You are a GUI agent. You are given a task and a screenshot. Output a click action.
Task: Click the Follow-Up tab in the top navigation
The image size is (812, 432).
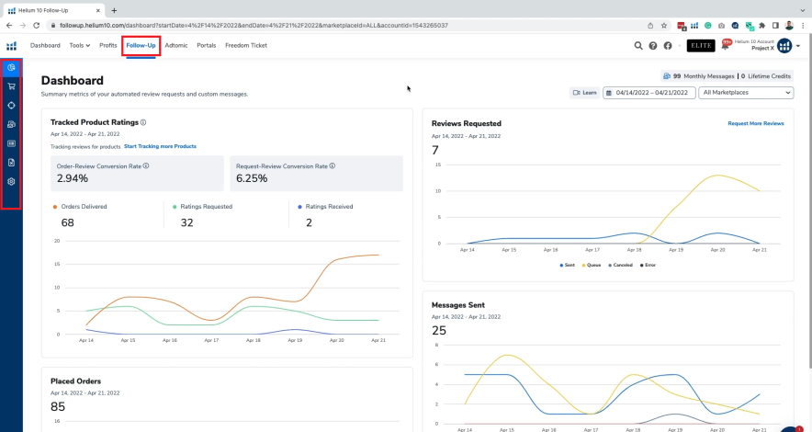[141, 45]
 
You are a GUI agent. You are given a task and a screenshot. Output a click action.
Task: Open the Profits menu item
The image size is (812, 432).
[107, 45]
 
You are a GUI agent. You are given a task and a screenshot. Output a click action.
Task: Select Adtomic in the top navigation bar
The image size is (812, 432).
[176, 45]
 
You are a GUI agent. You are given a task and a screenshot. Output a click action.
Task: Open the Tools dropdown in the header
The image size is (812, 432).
[80, 45]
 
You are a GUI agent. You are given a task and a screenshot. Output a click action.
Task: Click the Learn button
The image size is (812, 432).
[584, 93]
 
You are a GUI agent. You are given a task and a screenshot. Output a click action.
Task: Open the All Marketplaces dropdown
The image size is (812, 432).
[746, 93]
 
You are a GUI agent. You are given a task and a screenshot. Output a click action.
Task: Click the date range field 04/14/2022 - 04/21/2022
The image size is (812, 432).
[648, 93]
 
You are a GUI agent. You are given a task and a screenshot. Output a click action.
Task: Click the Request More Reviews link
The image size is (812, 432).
[755, 123]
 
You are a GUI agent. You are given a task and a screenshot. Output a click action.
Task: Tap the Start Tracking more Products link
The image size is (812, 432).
[160, 146]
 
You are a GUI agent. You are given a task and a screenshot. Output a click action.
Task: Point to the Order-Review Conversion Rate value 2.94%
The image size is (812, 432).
[73, 178]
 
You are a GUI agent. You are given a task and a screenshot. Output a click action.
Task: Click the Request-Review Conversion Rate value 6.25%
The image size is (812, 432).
[251, 178]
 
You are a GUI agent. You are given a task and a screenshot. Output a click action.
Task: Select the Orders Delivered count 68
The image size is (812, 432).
[68, 222]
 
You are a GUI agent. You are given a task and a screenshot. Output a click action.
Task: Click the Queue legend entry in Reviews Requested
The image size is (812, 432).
[592, 265]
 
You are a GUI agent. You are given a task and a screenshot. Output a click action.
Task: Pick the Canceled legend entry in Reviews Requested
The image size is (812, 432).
[622, 265]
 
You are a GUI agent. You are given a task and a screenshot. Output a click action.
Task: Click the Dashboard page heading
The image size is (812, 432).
[72, 81]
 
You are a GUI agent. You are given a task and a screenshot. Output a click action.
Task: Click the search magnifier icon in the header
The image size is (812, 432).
[638, 46]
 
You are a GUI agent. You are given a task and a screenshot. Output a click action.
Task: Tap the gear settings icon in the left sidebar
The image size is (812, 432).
[11, 181]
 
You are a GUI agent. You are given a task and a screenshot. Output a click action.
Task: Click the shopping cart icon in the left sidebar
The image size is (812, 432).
[11, 86]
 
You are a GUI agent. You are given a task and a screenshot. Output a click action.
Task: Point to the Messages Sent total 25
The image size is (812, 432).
[438, 330]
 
